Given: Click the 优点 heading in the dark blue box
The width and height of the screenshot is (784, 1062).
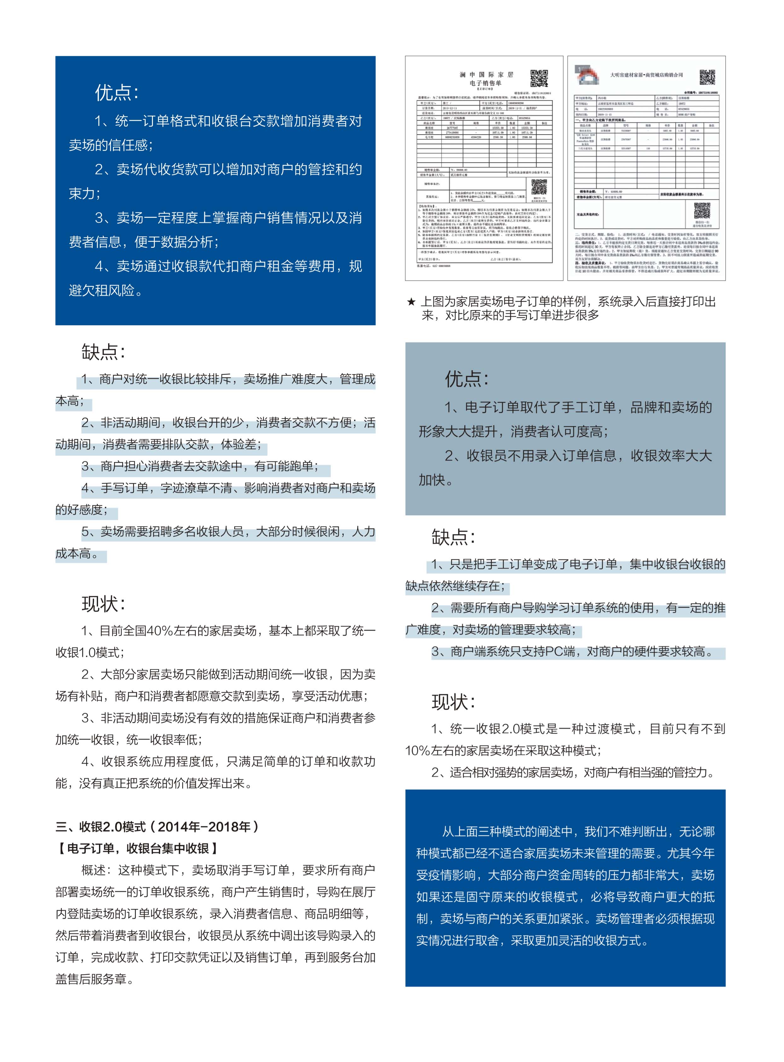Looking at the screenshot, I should (x=116, y=93).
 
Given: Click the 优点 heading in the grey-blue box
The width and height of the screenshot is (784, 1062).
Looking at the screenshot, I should (x=466, y=378).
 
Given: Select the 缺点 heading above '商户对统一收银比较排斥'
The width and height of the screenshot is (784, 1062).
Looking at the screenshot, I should (x=103, y=352).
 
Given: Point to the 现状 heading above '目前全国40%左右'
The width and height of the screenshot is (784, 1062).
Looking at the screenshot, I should (x=103, y=604).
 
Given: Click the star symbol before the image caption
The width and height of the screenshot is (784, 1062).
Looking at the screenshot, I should (x=411, y=302).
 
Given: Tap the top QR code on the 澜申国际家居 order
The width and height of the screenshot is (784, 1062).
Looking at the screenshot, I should (x=539, y=78).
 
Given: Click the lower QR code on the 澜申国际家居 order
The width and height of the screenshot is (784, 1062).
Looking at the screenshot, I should (x=539, y=187).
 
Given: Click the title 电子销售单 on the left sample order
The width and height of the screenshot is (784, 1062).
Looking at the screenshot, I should (x=485, y=83).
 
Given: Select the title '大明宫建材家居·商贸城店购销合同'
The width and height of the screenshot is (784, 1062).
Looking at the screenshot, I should (x=646, y=75).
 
